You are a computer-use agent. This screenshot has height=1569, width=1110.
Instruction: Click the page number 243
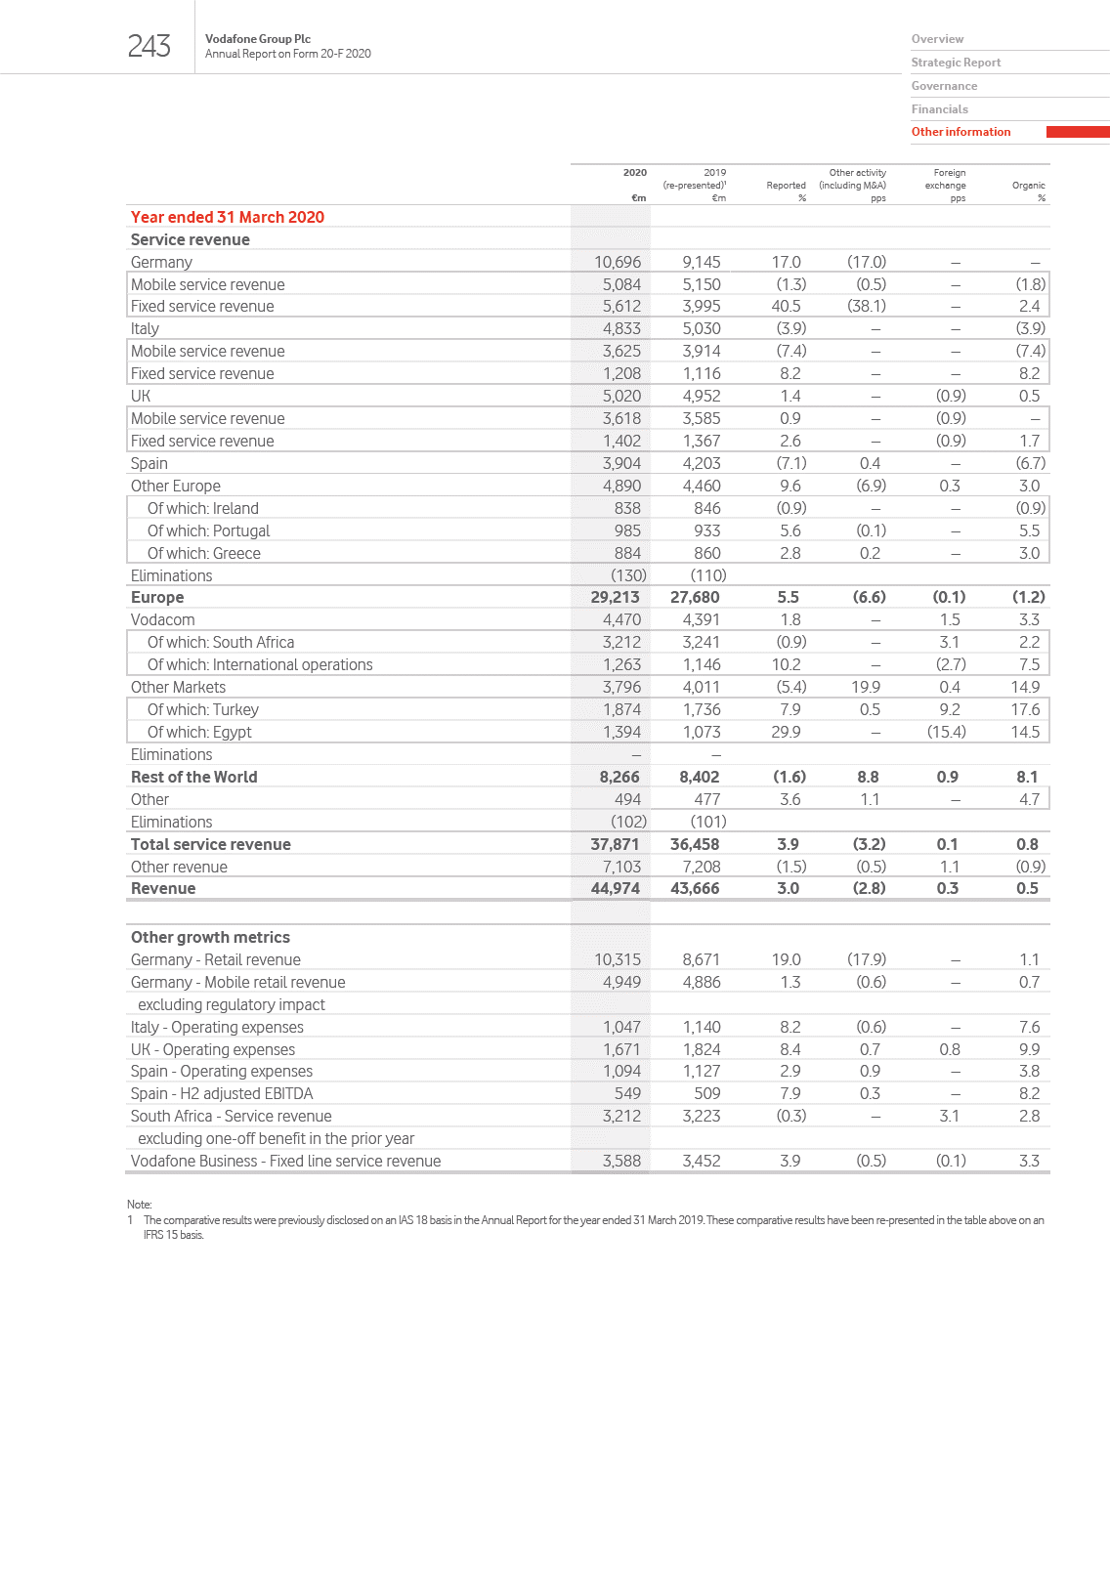pyautogui.click(x=149, y=46)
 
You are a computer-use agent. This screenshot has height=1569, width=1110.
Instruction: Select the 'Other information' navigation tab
pyautogui.click(x=961, y=132)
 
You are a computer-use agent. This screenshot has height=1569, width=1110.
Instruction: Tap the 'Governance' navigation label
pyautogui.click(x=944, y=86)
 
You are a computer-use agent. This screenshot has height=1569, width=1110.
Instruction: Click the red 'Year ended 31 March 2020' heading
pyautogui.click(x=228, y=217)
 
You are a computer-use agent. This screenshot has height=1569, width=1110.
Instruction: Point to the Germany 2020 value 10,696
pyautogui.click(x=618, y=262)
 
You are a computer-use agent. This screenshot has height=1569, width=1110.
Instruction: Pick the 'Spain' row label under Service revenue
pyautogui.click(x=149, y=463)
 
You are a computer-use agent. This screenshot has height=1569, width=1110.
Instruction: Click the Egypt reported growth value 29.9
pyautogui.click(x=786, y=732)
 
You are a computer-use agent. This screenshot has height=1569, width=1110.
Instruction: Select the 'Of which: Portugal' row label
pyautogui.click(x=208, y=530)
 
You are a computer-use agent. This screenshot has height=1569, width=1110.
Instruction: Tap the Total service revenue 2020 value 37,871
pyautogui.click(x=615, y=844)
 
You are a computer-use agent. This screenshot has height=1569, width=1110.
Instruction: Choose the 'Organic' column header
pyautogui.click(x=1028, y=186)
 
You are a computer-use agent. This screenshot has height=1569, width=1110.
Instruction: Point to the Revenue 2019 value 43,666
pyautogui.click(x=695, y=888)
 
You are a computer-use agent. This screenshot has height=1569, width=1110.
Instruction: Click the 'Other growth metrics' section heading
pyautogui.click(x=210, y=937)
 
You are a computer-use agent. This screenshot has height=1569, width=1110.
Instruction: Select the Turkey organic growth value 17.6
pyautogui.click(x=1025, y=709)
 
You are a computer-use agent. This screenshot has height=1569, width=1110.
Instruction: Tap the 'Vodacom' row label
pyautogui.click(x=163, y=619)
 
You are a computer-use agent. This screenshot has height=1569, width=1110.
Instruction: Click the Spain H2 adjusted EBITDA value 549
pyautogui.click(x=627, y=1093)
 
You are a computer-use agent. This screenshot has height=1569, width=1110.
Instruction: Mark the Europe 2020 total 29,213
pyautogui.click(x=615, y=597)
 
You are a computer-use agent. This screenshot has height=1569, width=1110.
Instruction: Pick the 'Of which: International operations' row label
pyautogui.click(x=260, y=664)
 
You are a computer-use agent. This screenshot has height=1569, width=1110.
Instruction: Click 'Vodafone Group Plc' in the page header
pyautogui.click(x=258, y=39)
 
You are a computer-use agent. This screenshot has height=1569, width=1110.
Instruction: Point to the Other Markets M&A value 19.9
pyautogui.click(x=866, y=687)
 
